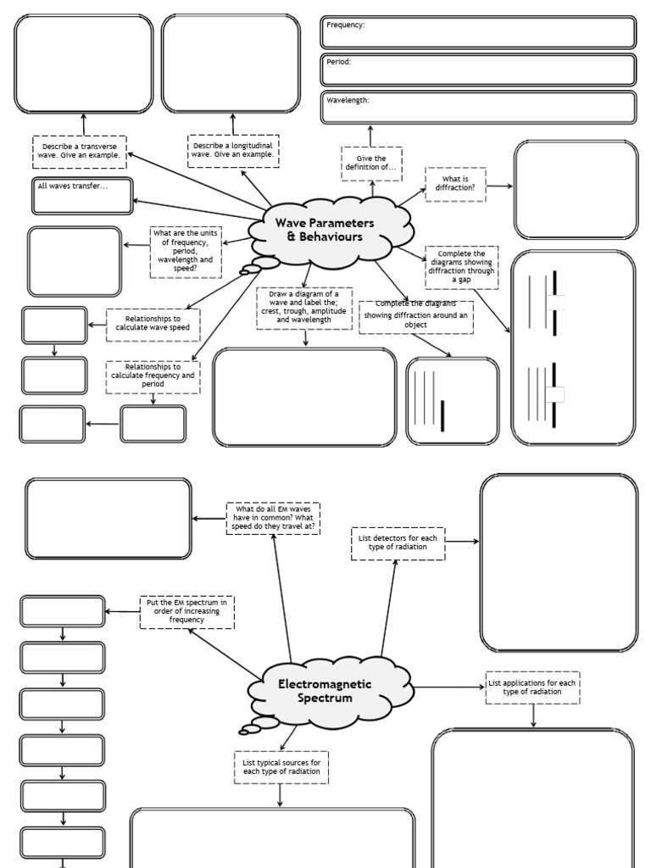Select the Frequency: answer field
pyautogui.click(x=478, y=32)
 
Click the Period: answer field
pyautogui.click(x=478, y=70)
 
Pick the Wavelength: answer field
pyautogui.click(x=478, y=108)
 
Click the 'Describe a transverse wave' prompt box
pyautogui.click(x=81, y=151)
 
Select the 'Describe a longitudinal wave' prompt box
pyautogui.click(x=232, y=151)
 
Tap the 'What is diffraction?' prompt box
pyautogui.click(x=455, y=184)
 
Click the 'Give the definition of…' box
pyautogui.click(x=371, y=164)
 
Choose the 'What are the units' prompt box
pyautogui.click(x=186, y=252)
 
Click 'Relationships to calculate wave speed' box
pyautogui.click(x=153, y=324)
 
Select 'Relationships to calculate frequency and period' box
pyautogui.click(x=153, y=376)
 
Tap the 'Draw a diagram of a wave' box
pyautogui.click(x=305, y=307)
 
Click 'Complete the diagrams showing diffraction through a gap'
pyautogui.click(x=461, y=267)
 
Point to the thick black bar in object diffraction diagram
pyautogui.click(x=442, y=415)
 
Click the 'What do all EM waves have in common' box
pyautogui.click(x=273, y=518)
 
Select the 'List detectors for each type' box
pyautogui.click(x=398, y=542)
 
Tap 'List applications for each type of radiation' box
pyautogui.click(x=533, y=687)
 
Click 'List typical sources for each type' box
pyautogui.click(x=281, y=766)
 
